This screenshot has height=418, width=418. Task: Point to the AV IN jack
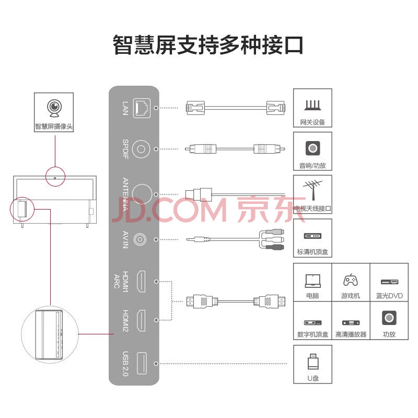coord(141,239)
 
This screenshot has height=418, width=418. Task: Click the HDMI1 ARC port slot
coord(142,282)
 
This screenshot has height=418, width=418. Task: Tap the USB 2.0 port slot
coord(142,363)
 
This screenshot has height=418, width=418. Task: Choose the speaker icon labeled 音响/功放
coord(312,148)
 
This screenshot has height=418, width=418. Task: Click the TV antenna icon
coord(312,190)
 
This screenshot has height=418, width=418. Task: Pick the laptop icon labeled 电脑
coord(312,281)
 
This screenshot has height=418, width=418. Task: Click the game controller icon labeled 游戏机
coord(351,281)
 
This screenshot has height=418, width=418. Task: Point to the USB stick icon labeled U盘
coord(312,362)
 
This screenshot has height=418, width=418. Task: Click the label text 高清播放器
coord(351,334)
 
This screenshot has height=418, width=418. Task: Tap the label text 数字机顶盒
coord(312,334)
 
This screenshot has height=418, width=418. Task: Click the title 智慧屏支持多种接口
coord(208,45)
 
